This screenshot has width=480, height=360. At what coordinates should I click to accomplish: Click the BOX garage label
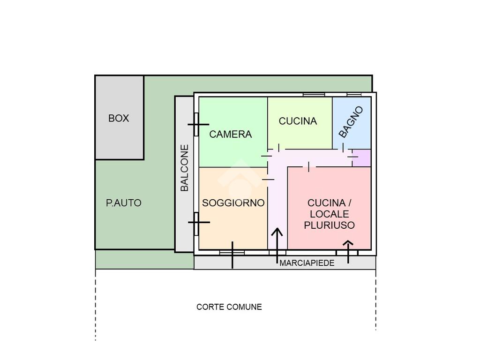[119, 118]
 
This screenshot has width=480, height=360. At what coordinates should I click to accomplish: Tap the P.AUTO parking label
[124, 203]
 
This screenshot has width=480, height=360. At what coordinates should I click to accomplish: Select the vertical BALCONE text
[184, 168]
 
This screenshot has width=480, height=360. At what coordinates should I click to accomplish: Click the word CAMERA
[231, 134]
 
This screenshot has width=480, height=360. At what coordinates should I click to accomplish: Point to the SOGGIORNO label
[233, 202]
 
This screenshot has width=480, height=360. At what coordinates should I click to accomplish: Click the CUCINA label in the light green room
[298, 121]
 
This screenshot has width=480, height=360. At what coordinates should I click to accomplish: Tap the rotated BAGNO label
[351, 122]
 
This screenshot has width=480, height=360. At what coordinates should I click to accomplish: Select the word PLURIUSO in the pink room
[330, 225]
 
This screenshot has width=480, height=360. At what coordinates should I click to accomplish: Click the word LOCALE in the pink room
[330, 214]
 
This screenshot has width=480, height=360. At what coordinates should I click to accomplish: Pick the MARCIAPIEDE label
[307, 263]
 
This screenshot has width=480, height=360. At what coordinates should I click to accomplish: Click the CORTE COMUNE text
[229, 307]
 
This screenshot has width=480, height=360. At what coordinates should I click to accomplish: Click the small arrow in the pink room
[348, 252]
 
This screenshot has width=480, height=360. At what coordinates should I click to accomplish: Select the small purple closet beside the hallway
[362, 158]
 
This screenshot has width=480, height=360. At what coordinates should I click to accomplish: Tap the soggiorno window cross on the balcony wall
[199, 222]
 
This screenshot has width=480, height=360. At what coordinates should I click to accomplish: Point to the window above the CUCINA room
[314, 95]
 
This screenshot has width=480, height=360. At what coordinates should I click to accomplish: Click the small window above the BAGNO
[354, 95]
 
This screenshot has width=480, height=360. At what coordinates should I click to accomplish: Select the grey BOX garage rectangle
[120, 118]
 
